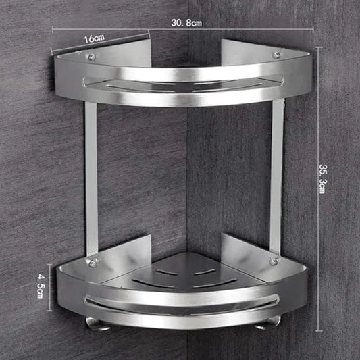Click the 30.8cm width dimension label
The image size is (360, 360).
point(186,22)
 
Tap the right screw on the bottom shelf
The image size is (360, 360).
point(273,261)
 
